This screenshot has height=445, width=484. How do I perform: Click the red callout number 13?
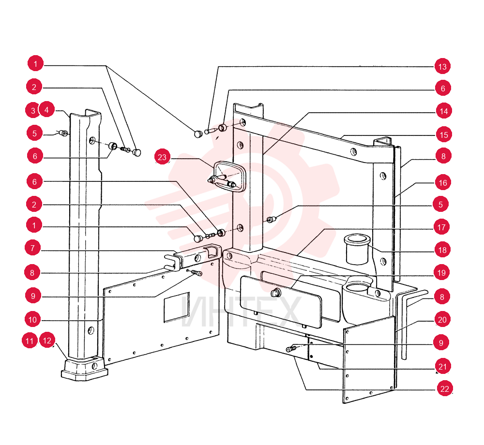pos(442,66)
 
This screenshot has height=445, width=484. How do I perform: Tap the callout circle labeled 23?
pos(162,157)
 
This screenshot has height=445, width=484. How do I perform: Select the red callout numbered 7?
pos(32,248)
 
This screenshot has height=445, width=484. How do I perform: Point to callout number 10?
pos(32,320)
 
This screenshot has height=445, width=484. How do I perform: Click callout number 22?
pos(444,388)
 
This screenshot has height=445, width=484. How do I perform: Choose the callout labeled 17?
pos(441,227)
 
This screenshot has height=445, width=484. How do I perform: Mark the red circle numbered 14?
pos(443,111)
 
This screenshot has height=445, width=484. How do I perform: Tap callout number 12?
pos(47,340)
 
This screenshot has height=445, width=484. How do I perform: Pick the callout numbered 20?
pos(442,320)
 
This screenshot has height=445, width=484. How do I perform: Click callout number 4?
pos(46,109)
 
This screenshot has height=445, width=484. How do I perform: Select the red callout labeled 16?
pos(443,182)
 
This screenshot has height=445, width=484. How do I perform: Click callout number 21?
pos(443,366)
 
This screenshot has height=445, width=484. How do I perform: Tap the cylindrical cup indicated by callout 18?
pos(357,249)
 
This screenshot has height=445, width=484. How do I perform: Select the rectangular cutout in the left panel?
pos(177,307)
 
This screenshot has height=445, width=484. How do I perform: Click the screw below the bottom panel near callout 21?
pos(291,349)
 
